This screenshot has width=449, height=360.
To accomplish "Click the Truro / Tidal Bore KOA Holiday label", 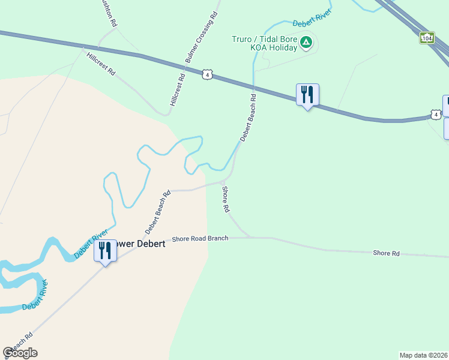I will (265, 44).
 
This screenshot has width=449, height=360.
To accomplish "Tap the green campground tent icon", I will (306, 42).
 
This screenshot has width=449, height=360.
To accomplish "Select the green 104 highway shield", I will (426, 38).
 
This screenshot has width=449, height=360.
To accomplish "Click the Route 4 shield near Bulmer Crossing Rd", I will (207, 74).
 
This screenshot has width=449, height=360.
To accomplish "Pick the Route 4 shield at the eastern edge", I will (435, 114).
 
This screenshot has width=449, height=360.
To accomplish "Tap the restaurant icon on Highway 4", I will (307, 95).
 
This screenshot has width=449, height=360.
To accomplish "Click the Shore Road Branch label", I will (200, 239).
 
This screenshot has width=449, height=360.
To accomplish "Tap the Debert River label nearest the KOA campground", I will (312, 19).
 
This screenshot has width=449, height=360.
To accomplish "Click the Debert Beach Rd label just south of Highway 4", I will (248, 118).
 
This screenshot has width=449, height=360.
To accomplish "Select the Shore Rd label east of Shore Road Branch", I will (386, 254).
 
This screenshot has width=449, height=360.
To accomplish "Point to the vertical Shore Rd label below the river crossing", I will (226, 200).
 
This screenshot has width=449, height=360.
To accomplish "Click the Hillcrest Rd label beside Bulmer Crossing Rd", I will (178, 88).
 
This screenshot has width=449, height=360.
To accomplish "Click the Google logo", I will (20, 353).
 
